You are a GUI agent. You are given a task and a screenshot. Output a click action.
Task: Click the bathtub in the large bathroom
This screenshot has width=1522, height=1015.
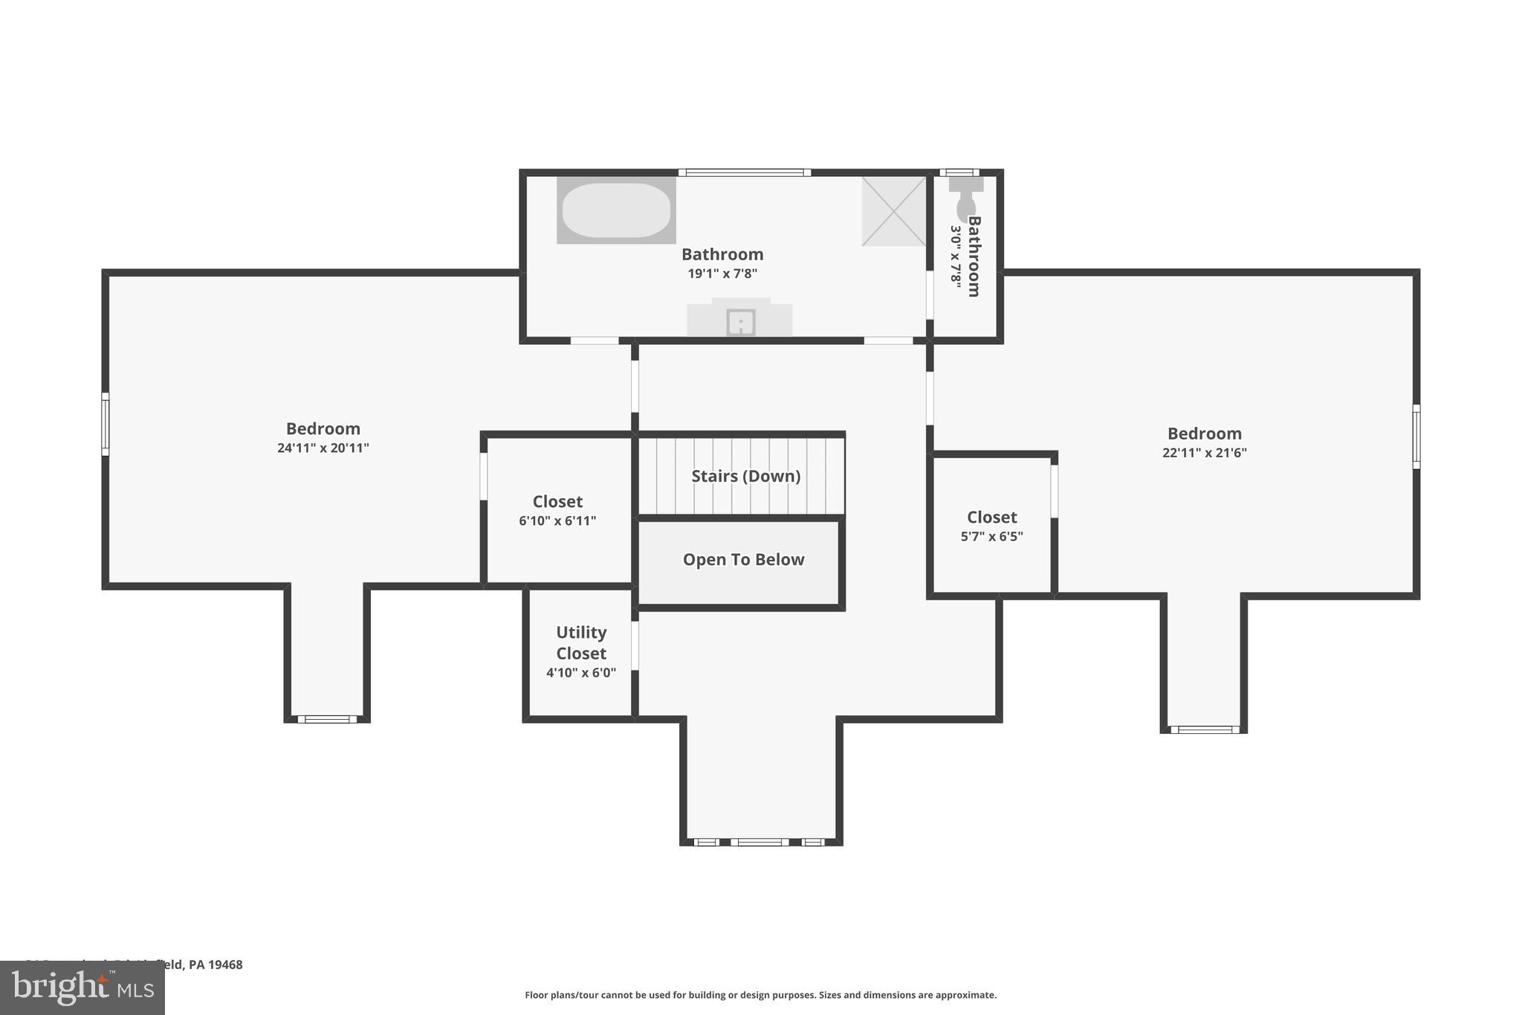click(616, 210)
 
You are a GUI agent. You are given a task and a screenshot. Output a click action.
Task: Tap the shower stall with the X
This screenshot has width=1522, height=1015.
click(894, 211)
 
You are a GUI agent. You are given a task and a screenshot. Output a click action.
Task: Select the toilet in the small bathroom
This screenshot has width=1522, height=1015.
click(965, 199)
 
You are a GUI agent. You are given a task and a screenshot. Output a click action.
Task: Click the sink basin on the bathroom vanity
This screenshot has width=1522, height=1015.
click(740, 323)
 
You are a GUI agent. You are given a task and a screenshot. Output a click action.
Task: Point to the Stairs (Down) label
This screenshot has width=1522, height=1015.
click(745, 476)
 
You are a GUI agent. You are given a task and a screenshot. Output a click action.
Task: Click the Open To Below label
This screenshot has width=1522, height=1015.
click(743, 560)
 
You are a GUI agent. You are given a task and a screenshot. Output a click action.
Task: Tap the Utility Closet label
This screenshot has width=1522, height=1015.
click(581, 642)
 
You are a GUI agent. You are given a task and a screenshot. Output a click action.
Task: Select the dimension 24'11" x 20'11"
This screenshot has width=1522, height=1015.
click(323, 448)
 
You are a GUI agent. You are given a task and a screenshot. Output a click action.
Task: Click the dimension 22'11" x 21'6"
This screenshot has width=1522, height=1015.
click(1204, 453)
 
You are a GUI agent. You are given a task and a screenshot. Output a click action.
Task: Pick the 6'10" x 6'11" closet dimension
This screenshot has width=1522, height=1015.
click(557, 521)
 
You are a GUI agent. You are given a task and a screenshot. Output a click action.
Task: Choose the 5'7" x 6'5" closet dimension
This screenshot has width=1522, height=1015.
click(991, 537)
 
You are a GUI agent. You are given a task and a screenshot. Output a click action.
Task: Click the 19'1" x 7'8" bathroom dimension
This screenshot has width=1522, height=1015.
click(722, 274)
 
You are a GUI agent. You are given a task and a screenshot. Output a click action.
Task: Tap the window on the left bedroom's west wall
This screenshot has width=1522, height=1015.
click(106, 424)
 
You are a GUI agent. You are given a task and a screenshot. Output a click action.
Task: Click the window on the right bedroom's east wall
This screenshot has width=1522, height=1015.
click(1416, 436)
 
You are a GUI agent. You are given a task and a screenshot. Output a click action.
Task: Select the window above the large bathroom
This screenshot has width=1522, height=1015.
click(744, 173)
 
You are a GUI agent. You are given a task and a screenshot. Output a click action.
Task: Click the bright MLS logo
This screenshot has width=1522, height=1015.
click(82, 987)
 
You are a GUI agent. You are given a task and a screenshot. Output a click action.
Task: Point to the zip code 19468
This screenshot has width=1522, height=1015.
click(225, 964)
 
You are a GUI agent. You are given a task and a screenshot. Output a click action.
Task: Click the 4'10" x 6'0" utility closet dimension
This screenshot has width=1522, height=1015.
click(581, 673)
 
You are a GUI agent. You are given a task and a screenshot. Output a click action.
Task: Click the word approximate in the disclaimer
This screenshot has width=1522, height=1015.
click(965, 995)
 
